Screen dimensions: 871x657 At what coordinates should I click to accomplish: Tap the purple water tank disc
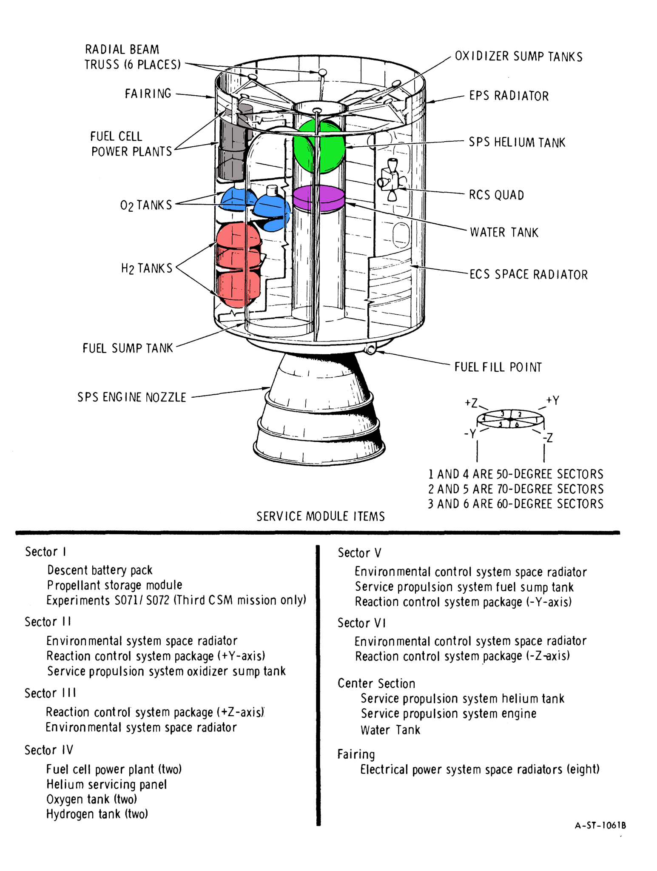click(x=319, y=198)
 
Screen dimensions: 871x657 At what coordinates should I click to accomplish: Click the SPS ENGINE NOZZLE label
click(x=132, y=398)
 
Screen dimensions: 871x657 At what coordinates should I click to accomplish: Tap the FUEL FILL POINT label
click(x=498, y=367)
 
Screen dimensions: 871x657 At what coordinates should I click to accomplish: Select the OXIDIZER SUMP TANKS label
click(x=518, y=57)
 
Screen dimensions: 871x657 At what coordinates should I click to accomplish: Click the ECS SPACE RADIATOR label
click(x=528, y=275)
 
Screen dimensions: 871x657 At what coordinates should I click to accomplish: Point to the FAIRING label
click(x=148, y=94)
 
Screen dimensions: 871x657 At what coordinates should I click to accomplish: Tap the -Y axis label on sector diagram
click(x=470, y=434)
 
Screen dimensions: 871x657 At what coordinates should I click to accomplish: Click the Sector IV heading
click(x=49, y=750)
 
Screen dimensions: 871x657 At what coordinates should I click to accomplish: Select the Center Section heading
click(x=376, y=683)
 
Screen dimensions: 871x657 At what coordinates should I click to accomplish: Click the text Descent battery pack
click(x=100, y=570)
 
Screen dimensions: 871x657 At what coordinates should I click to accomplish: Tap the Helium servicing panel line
click(x=106, y=784)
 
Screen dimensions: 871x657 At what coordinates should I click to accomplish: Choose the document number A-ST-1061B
click(x=600, y=825)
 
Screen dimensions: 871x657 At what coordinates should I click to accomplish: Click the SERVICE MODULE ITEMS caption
click(x=320, y=516)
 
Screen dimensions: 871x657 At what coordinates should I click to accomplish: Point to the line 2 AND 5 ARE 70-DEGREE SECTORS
click(x=515, y=489)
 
